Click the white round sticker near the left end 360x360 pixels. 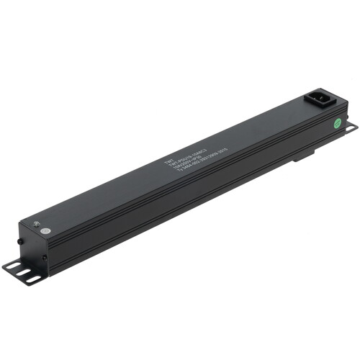click(x=45, y=232)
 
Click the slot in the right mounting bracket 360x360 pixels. click(x=351, y=128)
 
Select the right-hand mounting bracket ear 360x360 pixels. click(x=350, y=129)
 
